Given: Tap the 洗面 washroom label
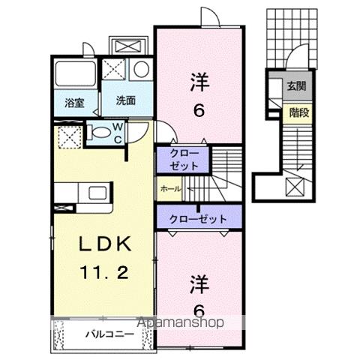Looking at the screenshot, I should (125, 100).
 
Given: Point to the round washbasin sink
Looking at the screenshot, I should (141, 70).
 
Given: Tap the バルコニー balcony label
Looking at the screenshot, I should (103, 331).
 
